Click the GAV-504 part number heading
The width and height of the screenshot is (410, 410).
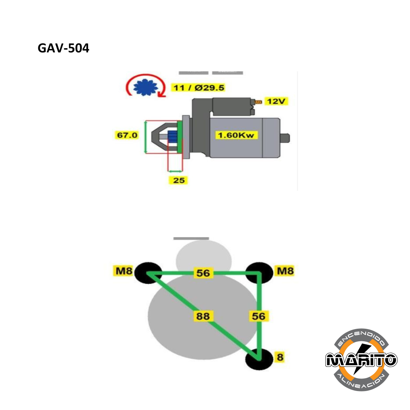tap(63, 48)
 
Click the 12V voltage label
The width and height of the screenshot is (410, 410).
tap(276, 101)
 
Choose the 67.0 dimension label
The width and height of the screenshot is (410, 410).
tap(127, 135)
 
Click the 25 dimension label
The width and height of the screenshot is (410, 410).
tap(178, 180)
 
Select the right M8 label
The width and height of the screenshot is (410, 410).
tap(284, 271)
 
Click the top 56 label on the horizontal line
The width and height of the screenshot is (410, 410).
tap(203, 273)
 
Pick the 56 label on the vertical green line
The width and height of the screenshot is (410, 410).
tap(259, 316)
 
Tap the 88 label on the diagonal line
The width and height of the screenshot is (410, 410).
tap(203, 316)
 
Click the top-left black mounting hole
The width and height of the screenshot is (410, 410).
tap(148, 272)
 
